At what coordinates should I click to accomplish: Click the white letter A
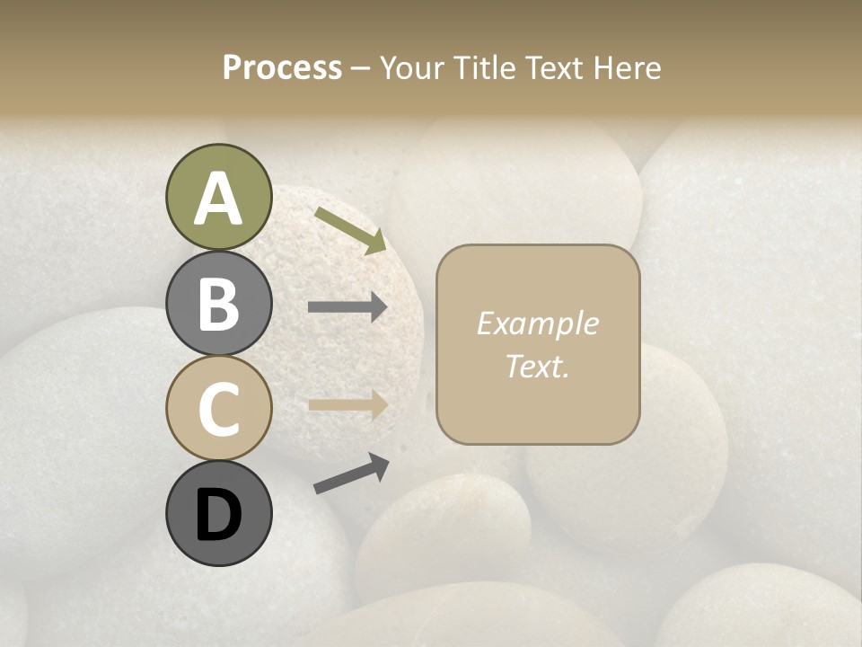(x=219, y=199)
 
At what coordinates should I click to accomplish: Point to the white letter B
(x=219, y=304)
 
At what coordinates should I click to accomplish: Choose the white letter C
(x=219, y=409)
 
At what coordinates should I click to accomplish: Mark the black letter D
(x=219, y=515)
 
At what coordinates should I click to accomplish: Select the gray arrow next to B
(x=347, y=307)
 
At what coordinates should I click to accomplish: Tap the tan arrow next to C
(x=347, y=404)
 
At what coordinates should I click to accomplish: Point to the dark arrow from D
(x=351, y=474)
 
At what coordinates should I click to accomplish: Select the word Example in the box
(x=537, y=323)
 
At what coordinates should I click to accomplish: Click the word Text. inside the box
(x=537, y=366)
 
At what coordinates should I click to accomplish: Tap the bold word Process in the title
(x=282, y=67)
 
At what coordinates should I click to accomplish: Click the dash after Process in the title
(x=361, y=68)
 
